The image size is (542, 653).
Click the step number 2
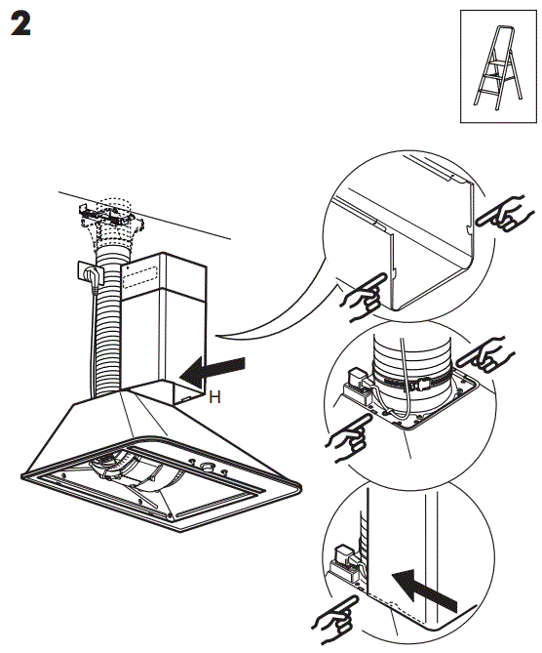(21, 25)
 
